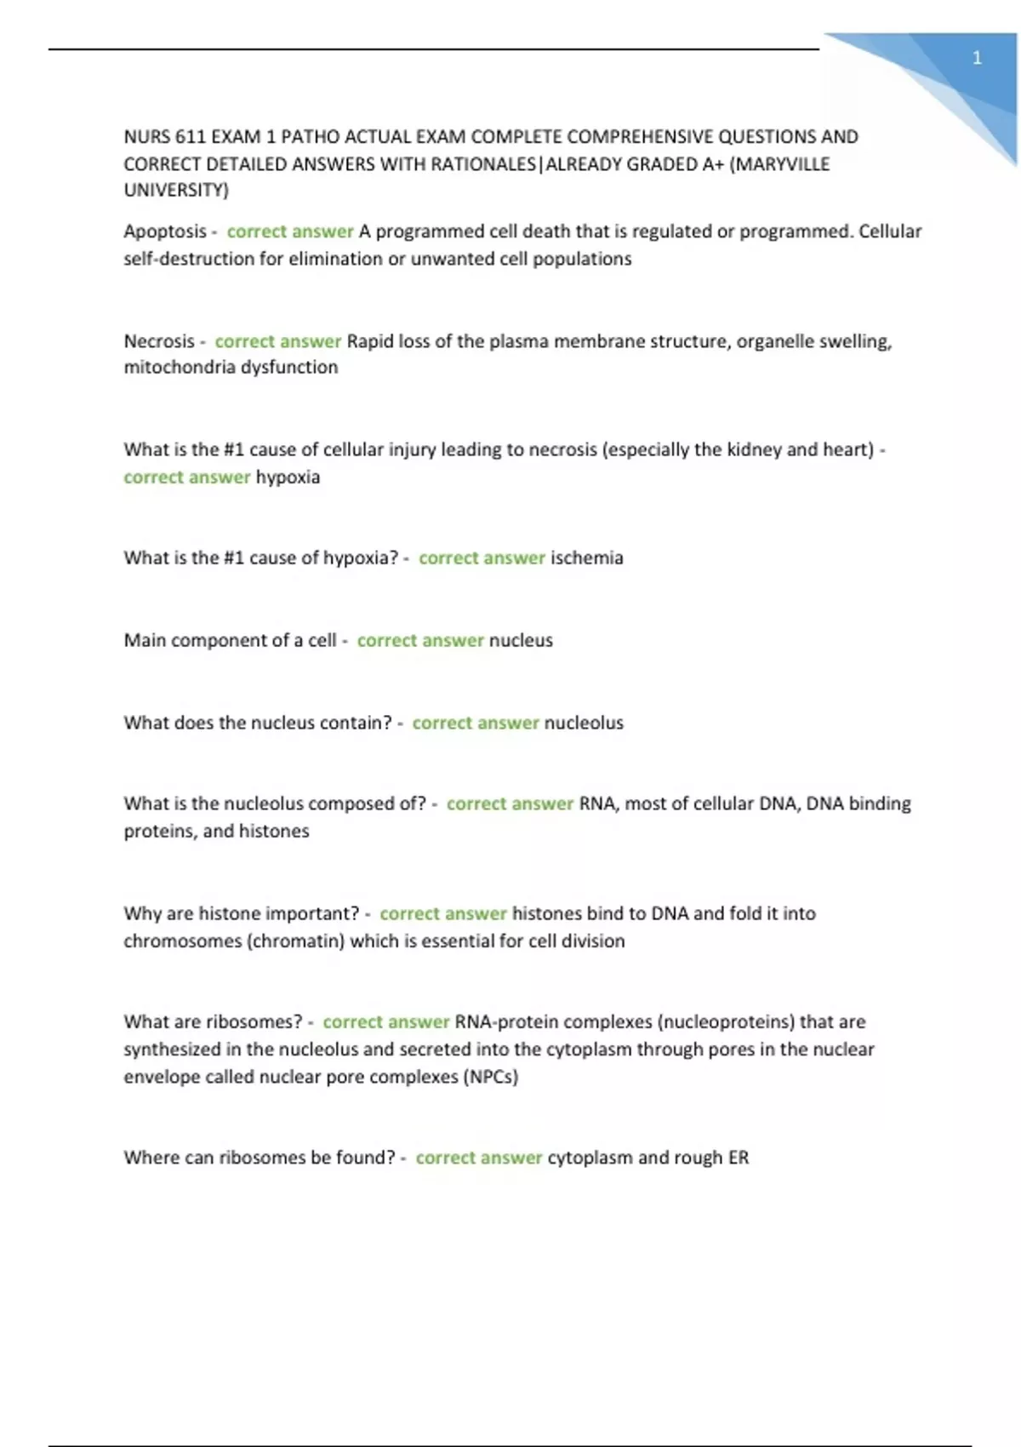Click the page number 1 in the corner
pyautogui.click(x=977, y=58)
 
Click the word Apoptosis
pyautogui.click(x=165, y=232)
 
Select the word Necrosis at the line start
pyautogui.click(x=159, y=341)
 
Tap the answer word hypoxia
pyautogui.click(x=288, y=477)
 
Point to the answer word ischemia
pyautogui.click(x=586, y=558)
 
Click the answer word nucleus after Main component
pyautogui.click(x=521, y=640)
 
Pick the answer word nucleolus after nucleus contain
pyautogui.click(x=584, y=723)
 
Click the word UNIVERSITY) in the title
pyautogui.click(x=176, y=191)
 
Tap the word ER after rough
pyautogui.click(x=738, y=1158)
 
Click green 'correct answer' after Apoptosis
pyautogui.click(x=290, y=232)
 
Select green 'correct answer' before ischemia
pyautogui.click(x=482, y=558)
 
